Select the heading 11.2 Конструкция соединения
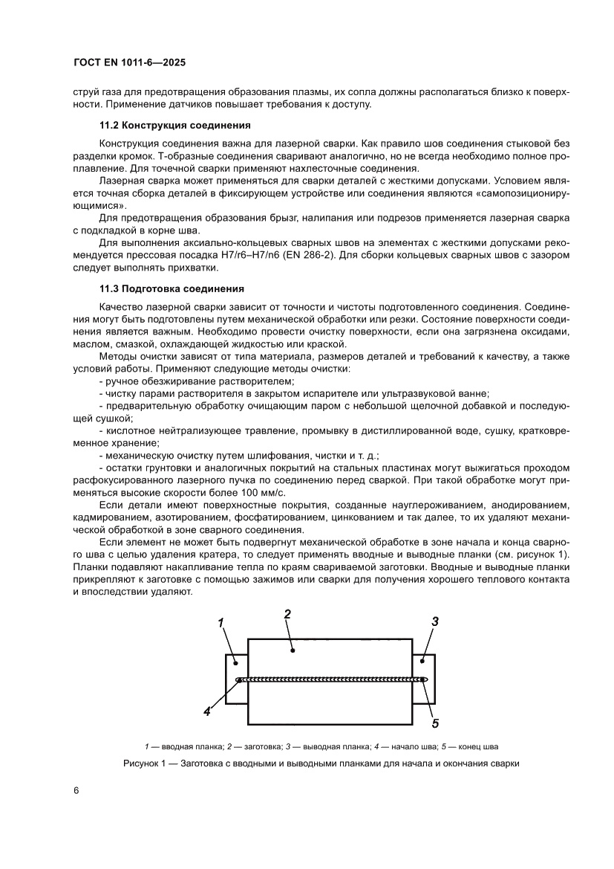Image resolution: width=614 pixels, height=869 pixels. click(x=174, y=124)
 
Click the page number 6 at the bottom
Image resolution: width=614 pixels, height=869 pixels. click(x=76, y=790)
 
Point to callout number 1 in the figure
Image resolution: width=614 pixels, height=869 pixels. click(x=221, y=624)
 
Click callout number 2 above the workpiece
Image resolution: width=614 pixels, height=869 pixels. click(x=287, y=613)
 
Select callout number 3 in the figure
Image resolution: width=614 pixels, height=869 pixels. click(x=436, y=621)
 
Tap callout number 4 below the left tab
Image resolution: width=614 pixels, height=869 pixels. click(x=207, y=711)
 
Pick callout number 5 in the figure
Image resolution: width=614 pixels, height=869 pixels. click(x=436, y=720)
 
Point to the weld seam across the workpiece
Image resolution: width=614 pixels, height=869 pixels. click(x=330, y=679)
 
